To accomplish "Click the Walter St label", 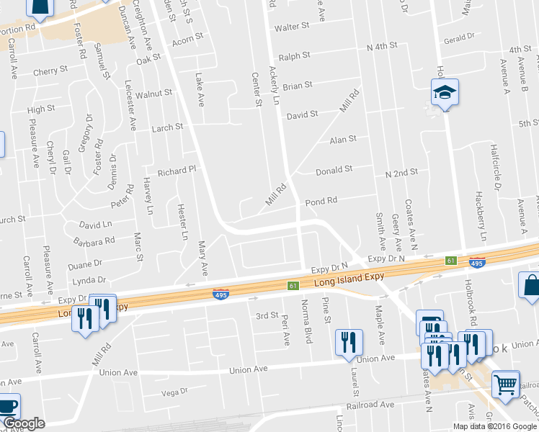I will (x=291, y=27).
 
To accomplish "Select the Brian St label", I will (x=297, y=86).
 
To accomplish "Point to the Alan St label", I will (x=343, y=140).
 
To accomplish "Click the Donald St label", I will (x=334, y=171).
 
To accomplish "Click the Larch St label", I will (x=167, y=127).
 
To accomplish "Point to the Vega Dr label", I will (x=174, y=392).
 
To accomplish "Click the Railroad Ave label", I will (x=370, y=405).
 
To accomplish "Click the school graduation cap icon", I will (x=445, y=92).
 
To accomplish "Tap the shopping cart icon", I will (x=506, y=384).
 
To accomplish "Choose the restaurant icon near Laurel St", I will (x=349, y=343).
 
